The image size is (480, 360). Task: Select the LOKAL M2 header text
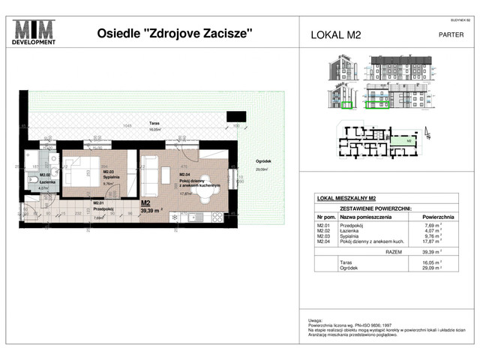click(x=338, y=34)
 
